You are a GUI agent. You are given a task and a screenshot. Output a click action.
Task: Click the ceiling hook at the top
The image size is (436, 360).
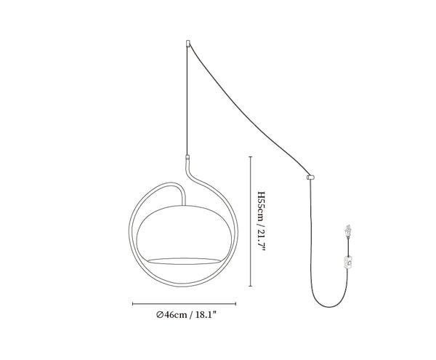point(188,44)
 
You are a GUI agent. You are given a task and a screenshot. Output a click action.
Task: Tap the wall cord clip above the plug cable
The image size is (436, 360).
point(310,177)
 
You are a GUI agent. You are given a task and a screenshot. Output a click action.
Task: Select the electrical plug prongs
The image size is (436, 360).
point(347,229)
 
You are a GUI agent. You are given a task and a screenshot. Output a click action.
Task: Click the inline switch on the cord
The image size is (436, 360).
point(347,263)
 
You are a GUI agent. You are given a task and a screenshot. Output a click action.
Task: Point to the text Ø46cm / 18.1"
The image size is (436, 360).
point(186,315)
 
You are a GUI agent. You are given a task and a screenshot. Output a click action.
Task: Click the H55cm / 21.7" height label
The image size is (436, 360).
point(262,221)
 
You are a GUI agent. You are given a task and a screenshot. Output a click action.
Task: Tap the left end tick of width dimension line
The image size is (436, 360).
point(133,304)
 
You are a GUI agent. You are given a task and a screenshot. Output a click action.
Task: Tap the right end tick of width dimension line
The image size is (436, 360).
point(235,304)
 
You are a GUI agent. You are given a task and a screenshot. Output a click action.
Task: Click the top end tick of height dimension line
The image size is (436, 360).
point(251,157)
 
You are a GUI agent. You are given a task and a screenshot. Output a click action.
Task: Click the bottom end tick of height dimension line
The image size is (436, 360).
point(251,286)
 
